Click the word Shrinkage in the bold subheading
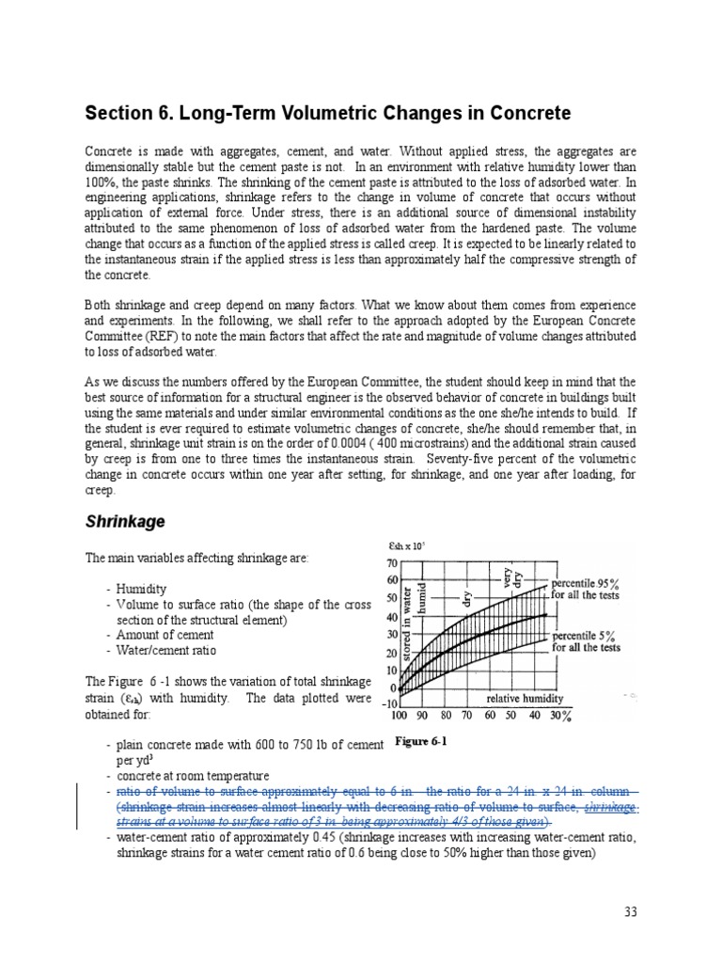tap(126, 520)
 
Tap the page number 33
tap(630, 911)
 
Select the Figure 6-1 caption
tap(420, 741)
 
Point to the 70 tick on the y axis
tap(393, 563)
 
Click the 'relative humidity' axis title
tap(525, 700)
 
